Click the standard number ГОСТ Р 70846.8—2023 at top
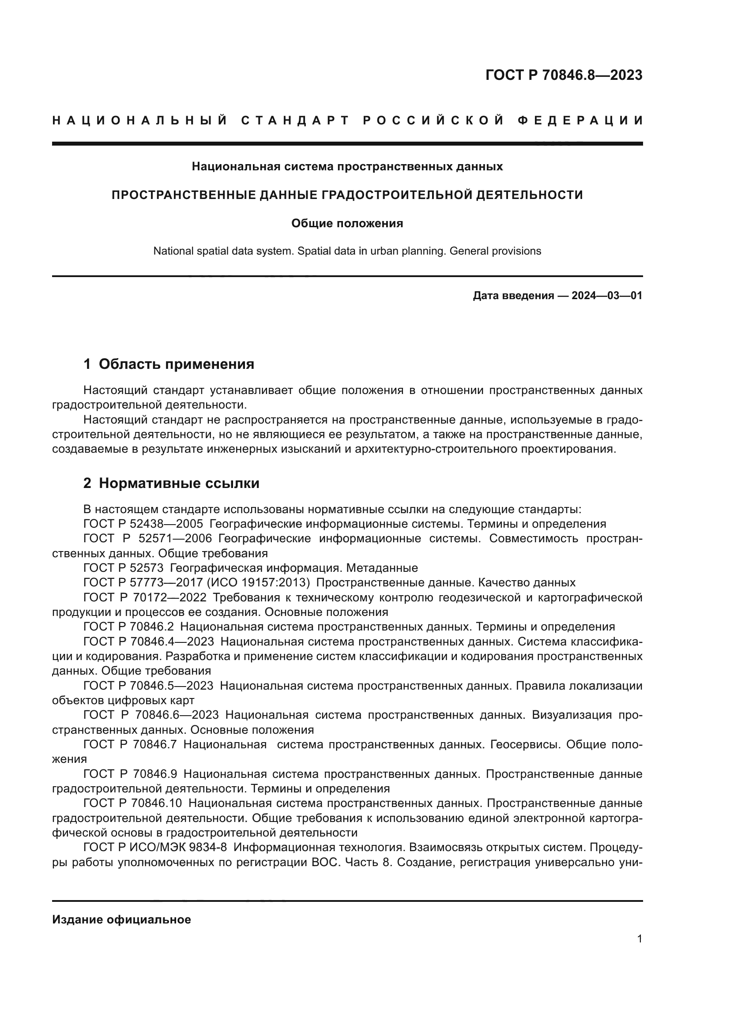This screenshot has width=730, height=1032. [x=564, y=75]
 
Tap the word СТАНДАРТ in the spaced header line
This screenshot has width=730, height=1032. [x=295, y=120]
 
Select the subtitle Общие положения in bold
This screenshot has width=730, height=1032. [x=347, y=223]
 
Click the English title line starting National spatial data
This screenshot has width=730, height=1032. [x=347, y=251]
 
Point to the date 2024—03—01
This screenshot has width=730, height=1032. [x=607, y=296]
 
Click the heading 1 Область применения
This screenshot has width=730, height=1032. [x=169, y=364]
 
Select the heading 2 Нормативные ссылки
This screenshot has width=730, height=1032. [x=171, y=483]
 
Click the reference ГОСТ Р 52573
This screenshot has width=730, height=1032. [x=124, y=568]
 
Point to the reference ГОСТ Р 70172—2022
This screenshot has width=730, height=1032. [x=145, y=598]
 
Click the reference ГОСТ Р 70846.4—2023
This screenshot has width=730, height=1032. [x=148, y=642]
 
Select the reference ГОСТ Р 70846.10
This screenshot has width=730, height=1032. [x=132, y=803]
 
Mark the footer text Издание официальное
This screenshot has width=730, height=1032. [x=121, y=919]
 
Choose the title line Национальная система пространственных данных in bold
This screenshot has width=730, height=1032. [x=347, y=167]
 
